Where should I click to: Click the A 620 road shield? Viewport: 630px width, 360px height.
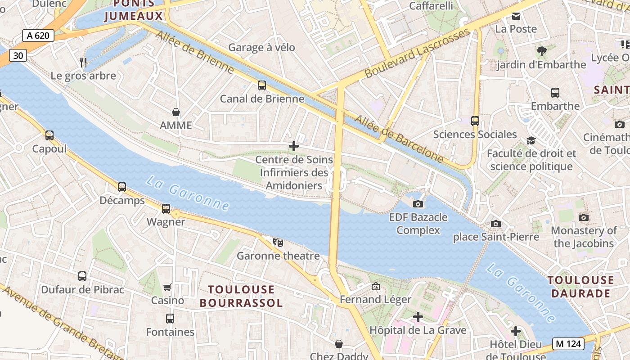click(38, 36)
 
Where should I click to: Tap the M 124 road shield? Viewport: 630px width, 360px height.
click(569, 344)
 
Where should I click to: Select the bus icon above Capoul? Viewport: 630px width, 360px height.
click(49, 135)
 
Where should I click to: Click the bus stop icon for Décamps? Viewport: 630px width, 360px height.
click(122, 187)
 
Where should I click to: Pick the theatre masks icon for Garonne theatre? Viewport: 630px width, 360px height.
click(278, 243)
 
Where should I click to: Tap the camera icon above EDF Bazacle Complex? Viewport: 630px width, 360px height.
click(418, 204)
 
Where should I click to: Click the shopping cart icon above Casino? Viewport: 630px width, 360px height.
click(167, 287)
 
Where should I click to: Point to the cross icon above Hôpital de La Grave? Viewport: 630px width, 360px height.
click(418, 317)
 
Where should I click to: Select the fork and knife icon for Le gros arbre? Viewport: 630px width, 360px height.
click(83, 62)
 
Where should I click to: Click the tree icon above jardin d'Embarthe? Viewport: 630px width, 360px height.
click(541, 51)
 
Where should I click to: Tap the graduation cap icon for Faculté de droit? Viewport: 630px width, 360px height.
click(531, 140)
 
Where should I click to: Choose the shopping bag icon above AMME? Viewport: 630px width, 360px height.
click(176, 112)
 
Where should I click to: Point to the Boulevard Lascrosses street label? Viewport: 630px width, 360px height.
click(417, 53)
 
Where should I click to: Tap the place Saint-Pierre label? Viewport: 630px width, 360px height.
click(496, 237)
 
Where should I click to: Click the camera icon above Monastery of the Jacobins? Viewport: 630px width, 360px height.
click(584, 218)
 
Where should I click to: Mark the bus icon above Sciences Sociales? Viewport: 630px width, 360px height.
click(475, 121)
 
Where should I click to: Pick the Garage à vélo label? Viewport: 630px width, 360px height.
click(261, 47)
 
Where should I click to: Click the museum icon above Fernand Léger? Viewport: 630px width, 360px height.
click(375, 286)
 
